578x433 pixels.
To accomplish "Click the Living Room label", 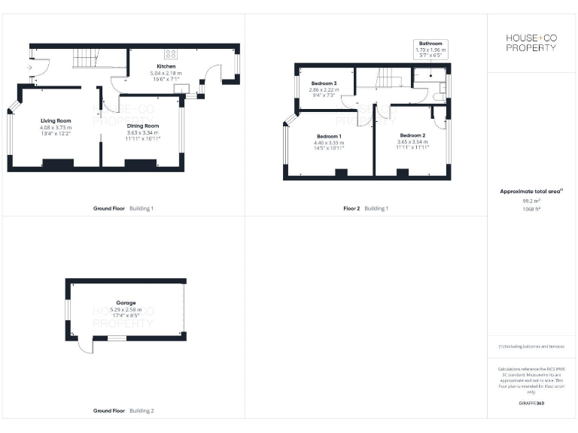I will click(x=56, y=120).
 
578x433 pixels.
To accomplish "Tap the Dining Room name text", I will click(x=142, y=126).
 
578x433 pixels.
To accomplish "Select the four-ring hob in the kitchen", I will click(x=170, y=54).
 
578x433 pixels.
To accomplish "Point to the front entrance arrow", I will click(x=30, y=67).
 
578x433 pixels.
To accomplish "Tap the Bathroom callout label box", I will click(x=431, y=49).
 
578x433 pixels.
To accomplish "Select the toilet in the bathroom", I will click(x=440, y=95).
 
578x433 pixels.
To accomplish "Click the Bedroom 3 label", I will click(x=324, y=83).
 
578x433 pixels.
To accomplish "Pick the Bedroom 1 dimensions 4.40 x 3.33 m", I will click(x=328, y=143).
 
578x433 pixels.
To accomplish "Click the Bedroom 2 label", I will click(x=413, y=135).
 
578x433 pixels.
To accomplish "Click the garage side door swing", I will click(x=86, y=347).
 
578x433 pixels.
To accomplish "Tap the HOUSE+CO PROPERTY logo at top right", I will click(x=531, y=42).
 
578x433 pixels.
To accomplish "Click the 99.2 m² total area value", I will click(x=531, y=201).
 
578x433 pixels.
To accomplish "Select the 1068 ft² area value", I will click(x=531, y=209).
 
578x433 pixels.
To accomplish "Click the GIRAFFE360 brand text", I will click(x=531, y=404).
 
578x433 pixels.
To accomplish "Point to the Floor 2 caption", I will click(x=351, y=208).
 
